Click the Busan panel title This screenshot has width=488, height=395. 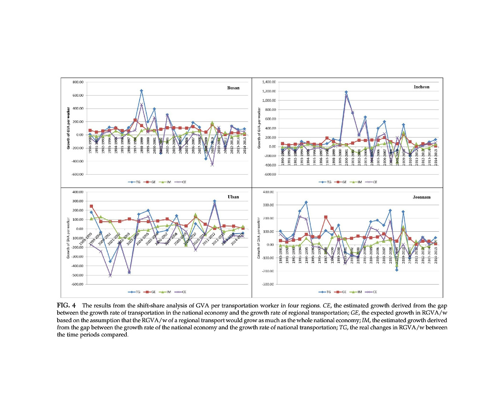coord(234,88)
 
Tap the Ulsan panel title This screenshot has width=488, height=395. coord(234,197)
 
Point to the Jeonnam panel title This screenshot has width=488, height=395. coord(416,197)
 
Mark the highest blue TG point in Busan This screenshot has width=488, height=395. coord(142,90)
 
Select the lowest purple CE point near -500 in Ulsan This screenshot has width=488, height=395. coord(110,275)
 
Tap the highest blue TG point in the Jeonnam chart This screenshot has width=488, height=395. coord(306,202)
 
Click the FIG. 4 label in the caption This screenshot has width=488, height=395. coord(65,305)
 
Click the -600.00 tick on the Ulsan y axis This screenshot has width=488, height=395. coord(77,284)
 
